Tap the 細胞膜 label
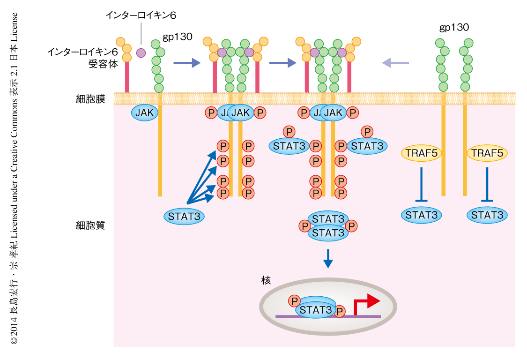point(90,99)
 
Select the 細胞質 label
point(90,225)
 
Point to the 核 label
point(266,280)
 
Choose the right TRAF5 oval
point(487,153)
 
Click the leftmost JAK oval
point(145,112)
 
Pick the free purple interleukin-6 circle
point(141,53)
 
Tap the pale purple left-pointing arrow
point(396,62)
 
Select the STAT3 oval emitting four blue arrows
point(184,216)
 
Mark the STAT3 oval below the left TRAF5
point(422,215)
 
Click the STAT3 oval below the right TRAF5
point(487,215)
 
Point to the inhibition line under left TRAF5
point(422,185)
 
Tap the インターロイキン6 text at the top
point(140,15)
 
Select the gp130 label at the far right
point(454,27)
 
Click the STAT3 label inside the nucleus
point(316,310)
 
